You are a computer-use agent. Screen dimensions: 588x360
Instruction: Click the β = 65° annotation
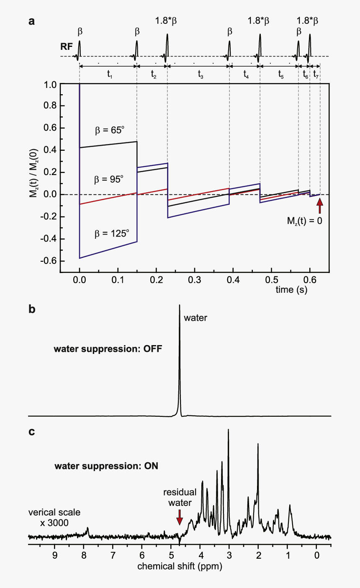click(110, 130)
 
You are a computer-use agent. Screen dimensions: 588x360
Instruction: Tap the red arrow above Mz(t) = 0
click(320, 206)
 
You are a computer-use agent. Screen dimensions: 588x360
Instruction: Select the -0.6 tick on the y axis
click(48, 261)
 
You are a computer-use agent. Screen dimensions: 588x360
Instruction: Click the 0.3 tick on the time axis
click(195, 280)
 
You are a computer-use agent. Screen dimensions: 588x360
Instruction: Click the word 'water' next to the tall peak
click(195, 318)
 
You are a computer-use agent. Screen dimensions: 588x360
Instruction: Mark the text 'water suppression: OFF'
click(108, 349)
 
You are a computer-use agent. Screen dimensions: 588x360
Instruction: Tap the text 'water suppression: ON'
click(106, 466)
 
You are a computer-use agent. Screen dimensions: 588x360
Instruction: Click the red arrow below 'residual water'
click(180, 517)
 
